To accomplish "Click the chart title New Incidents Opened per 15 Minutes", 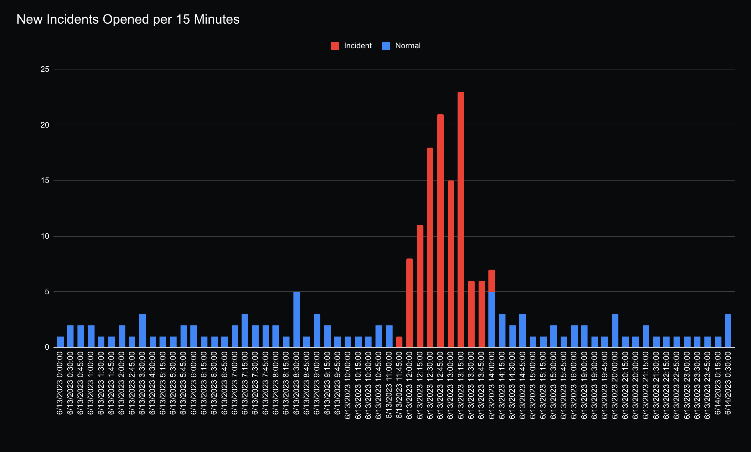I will pos(128,20).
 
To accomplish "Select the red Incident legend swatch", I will pos(335,46).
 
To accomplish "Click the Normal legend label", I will pos(408,46).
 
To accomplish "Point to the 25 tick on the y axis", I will pos(45,70).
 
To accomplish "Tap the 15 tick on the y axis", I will pos(45,181).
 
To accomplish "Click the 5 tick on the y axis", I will pos(47,292).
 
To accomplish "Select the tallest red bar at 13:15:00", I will pos(461,220).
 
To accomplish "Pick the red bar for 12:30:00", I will pos(430,248).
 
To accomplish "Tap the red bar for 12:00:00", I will pos(410,303).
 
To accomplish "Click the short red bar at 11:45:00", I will pos(399,342).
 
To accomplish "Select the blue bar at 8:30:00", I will pos(297,320).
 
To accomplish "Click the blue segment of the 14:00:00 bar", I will pos(492,320).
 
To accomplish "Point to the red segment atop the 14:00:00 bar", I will pos(492,281).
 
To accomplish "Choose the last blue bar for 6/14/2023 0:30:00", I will pos(728,331).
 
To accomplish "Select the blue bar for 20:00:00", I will pos(615,331).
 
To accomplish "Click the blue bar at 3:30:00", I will pos(142,331).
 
